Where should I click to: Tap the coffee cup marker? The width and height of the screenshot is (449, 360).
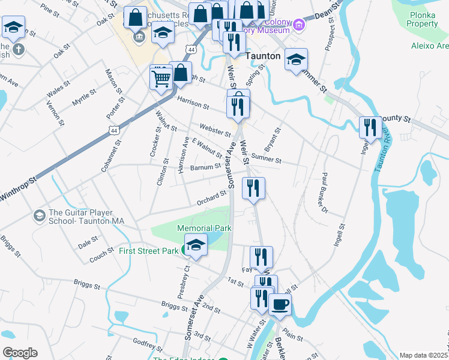pyautogui.click(x=280, y=304)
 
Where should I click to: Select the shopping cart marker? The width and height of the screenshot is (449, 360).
pyautogui.click(x=161, y=77)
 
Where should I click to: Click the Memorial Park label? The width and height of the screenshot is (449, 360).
pyautogui.click(x=204, y=228)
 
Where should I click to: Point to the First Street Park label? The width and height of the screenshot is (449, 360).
pyautogui.click(x=148, y=250)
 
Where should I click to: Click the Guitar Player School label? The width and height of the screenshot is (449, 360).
pyautogui.click(x=86, y=217)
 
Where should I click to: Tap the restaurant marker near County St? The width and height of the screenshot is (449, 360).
pyautogui.click(x=370, y=127)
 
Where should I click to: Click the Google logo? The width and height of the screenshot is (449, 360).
pyautogui.click(x=19, y=353)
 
